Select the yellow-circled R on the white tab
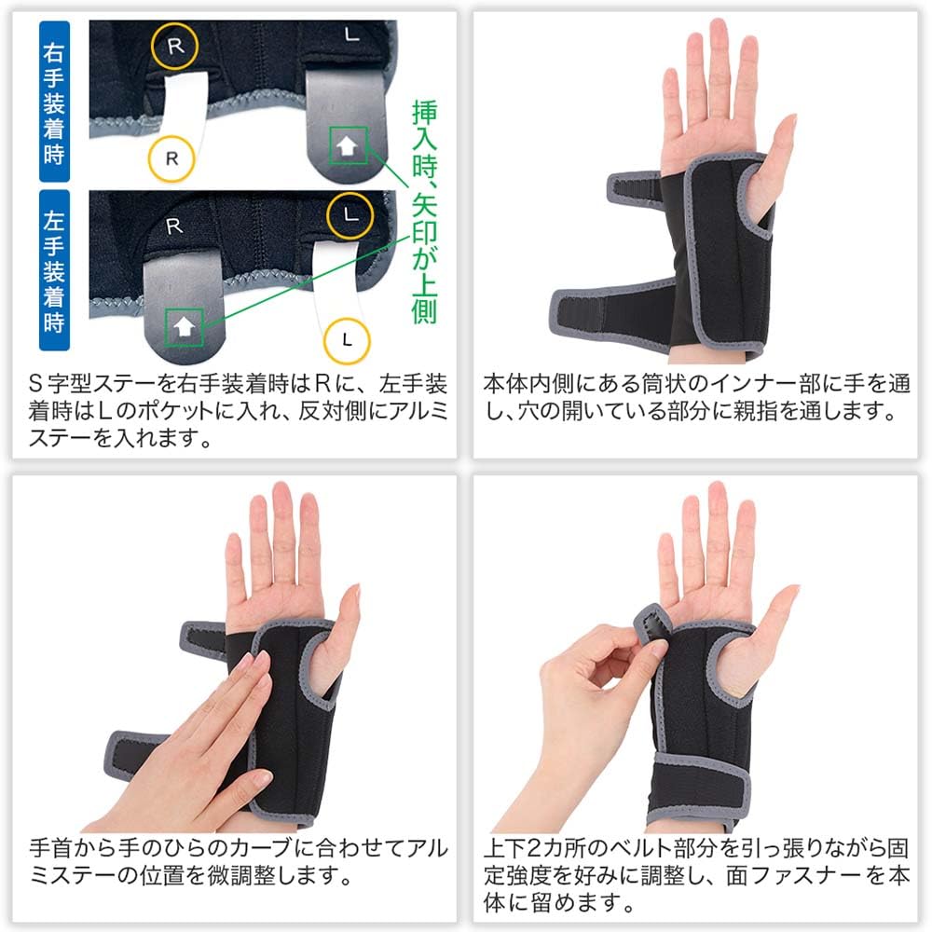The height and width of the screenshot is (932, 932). pyautogui.click(x=171, y=158)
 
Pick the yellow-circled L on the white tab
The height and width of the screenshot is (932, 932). pyautogui.click(x=347, y=336)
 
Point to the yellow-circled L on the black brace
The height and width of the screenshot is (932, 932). pyautogui.click(x=349, y=213)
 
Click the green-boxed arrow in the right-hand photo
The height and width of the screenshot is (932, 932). pyautogui.click(x=348, y=144)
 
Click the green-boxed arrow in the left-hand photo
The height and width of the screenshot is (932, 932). pyautogui.click(x=185, y=326)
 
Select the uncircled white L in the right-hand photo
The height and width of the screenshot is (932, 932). pyautogui.click(x=350, y=35)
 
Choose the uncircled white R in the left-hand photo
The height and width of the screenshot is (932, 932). pyautogui.click(x=172, y=226)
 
